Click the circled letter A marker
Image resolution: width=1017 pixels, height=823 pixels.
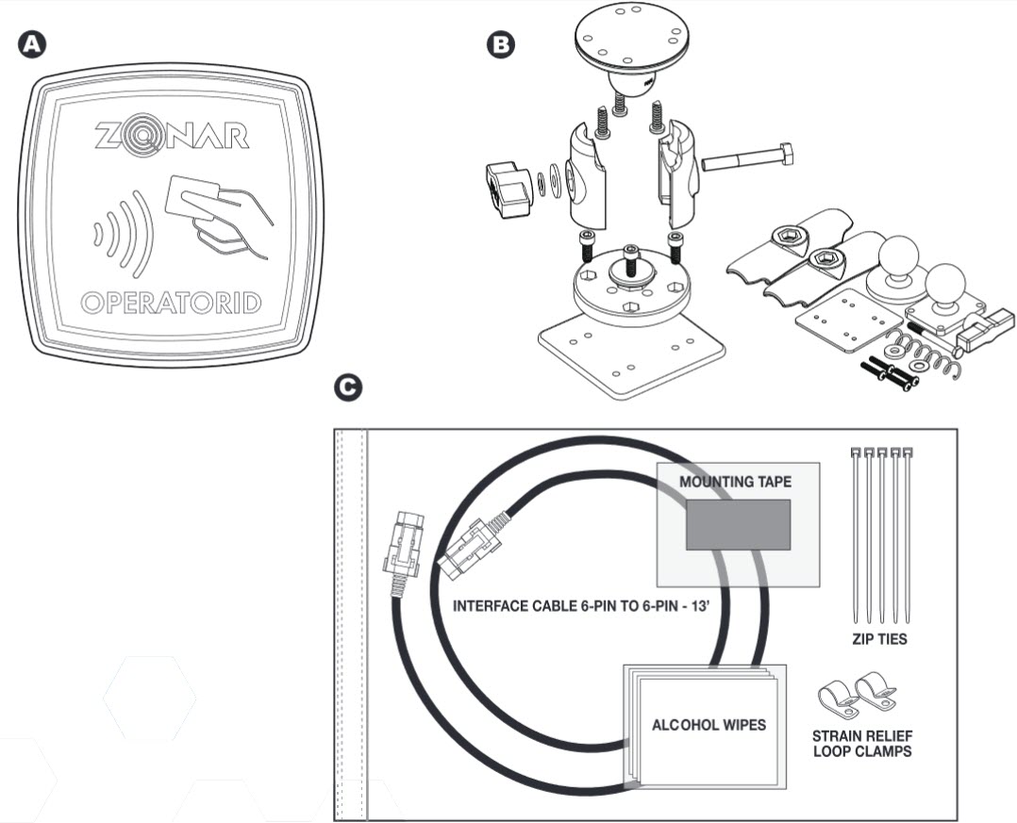(34, 43)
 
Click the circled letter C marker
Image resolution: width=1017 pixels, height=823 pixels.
(348, 387)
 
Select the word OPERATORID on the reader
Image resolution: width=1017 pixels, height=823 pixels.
(171, 304)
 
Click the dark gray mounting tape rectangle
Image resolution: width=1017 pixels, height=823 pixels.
(737, 524)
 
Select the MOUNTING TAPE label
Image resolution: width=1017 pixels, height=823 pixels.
(736, 482)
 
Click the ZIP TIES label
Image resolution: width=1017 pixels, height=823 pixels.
(880, 640)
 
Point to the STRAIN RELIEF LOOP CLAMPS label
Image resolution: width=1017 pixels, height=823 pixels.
(862, 744)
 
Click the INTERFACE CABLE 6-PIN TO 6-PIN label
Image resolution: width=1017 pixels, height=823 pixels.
(580, 606)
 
